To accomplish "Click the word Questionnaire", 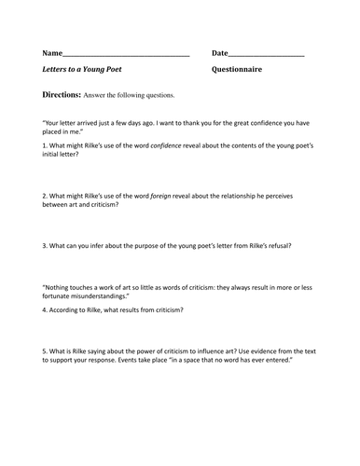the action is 237,70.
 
